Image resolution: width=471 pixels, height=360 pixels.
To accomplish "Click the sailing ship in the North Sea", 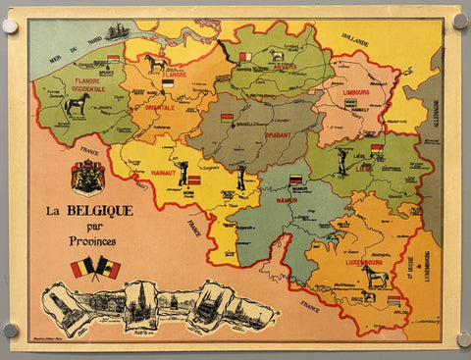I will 118,32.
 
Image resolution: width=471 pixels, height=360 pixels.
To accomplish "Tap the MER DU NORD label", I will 78,44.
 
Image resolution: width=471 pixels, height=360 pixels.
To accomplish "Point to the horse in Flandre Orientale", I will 156,64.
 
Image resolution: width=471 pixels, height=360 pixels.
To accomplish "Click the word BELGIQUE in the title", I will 103,210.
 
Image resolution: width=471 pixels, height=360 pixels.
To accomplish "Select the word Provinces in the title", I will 97,241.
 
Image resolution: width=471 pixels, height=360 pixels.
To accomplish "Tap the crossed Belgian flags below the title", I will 95,268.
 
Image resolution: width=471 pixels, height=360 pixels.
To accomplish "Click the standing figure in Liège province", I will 341,162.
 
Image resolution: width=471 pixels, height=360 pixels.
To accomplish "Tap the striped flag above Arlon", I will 393,300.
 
